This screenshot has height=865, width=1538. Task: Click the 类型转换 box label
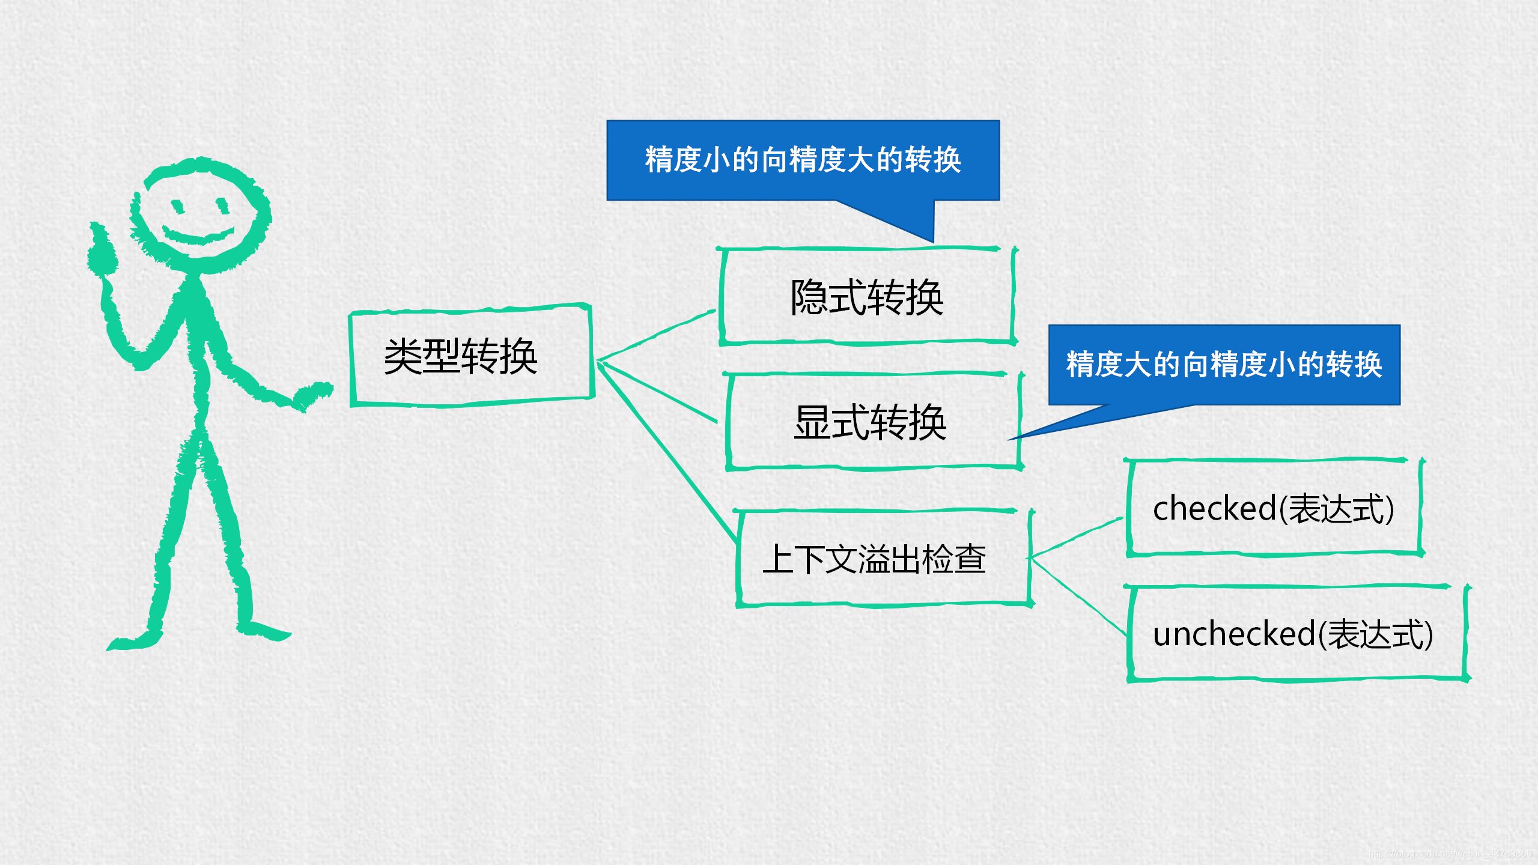[460, 356]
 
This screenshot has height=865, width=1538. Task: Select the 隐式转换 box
[866, 297]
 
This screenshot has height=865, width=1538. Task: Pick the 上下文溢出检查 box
[874, 559]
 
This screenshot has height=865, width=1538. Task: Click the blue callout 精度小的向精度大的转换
[803, 160]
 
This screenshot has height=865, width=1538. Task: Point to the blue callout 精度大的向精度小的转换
[1224, 365]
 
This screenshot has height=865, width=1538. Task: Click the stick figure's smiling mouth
[198, 235]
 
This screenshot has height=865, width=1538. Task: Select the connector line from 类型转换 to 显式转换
[658, 390]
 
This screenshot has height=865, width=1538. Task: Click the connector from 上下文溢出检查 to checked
[1075, 537]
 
